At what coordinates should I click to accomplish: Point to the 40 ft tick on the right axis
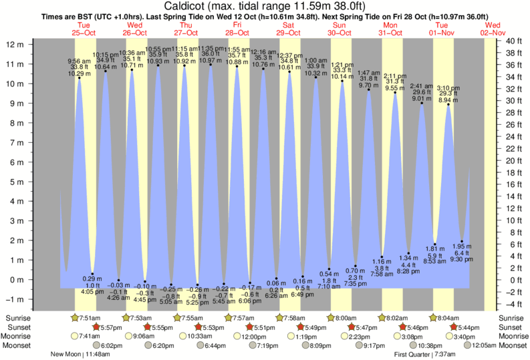pos(514,41)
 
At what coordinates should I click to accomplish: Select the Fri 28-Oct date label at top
pos(237,28)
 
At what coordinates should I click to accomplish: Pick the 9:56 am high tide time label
pos(80,60)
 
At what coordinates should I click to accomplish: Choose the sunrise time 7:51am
pos(90,318)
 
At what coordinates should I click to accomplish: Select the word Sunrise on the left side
pos(17,318)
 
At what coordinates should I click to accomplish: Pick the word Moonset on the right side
pos(513,346)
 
